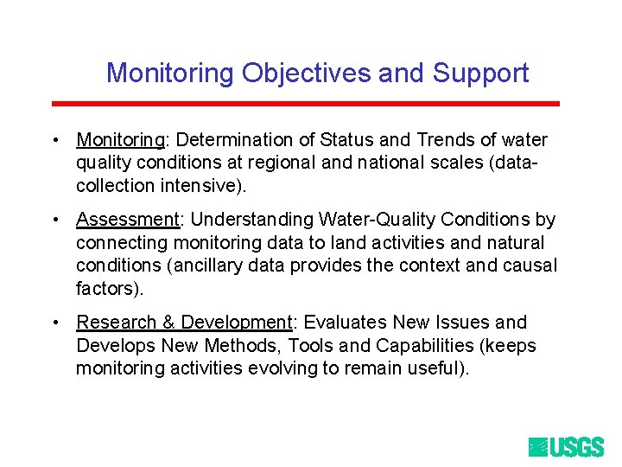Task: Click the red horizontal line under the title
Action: [x=306, y=104]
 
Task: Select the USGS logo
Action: [x=566, y=446]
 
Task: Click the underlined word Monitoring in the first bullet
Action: [x=120, y=140]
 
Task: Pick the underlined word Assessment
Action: [x=127, y=220]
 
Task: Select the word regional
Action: [x=278, y=163]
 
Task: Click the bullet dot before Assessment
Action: [x=54, y=221]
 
